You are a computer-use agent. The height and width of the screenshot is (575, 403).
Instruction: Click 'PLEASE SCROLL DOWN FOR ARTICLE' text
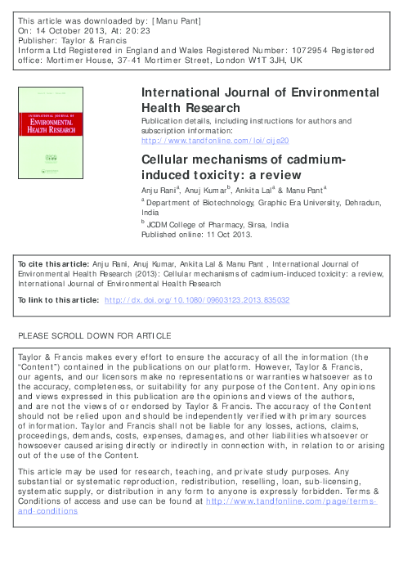[94, 335]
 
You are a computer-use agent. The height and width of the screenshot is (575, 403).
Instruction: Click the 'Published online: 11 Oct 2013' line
[197, 232]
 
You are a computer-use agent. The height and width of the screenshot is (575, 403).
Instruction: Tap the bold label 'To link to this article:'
[55, 301]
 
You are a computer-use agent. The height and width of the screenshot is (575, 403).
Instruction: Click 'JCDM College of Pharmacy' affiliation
[194, 223]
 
